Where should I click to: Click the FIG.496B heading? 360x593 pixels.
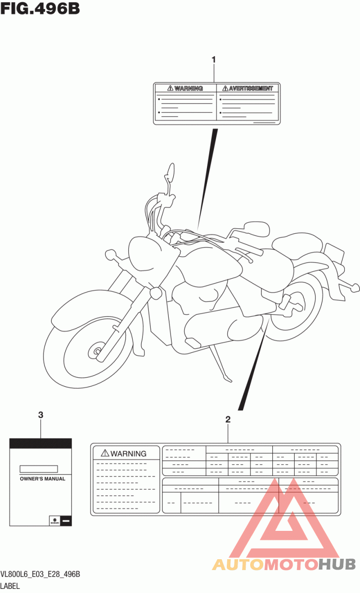(x=40, y=8)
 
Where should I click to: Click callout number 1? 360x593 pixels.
(x=214, y=59)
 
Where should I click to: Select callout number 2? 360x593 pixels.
(x=228, y=419)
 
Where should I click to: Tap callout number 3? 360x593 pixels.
(x=40, y=415)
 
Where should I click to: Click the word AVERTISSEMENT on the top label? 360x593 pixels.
(x=251, y=88)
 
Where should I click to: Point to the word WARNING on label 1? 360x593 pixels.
(x=189, y=88)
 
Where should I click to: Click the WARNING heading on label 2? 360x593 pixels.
(x=128, y=453)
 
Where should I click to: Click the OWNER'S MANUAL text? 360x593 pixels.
(x=42, y=479)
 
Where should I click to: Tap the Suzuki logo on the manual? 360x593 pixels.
(x=55, y=521)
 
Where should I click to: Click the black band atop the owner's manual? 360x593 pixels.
(x=40, y=444)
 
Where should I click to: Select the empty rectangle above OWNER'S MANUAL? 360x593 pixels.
(x=39, y=469)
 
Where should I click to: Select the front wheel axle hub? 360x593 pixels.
(x=97, y=351)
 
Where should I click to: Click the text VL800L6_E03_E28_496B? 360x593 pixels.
(x=40, y=574)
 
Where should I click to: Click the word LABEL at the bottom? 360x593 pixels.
(x=10, y=586)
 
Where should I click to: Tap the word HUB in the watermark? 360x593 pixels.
(x=337, y=565)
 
